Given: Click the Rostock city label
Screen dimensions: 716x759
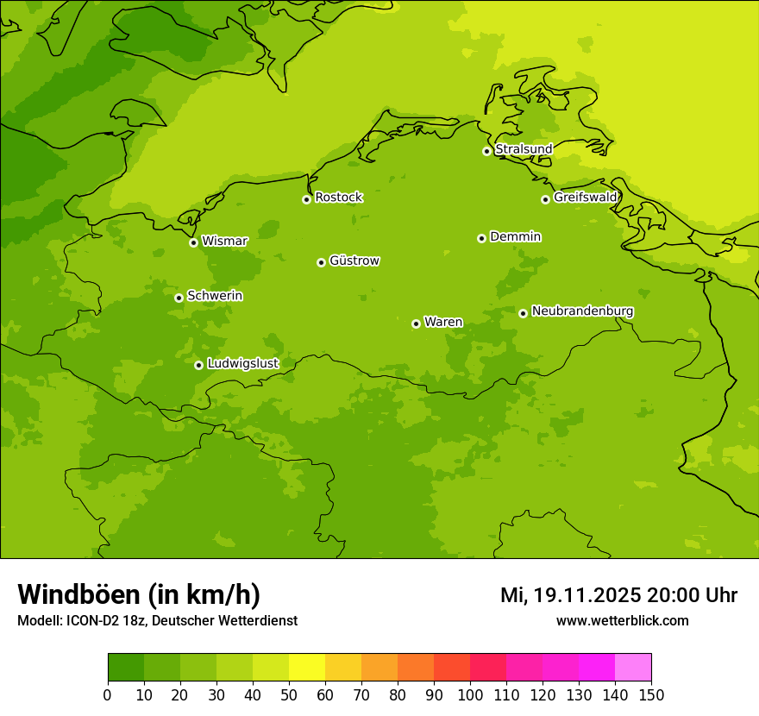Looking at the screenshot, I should (x=338, y=198).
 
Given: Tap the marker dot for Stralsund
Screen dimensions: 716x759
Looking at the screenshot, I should (x=486, y=151).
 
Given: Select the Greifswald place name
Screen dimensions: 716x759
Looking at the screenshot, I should (x=585, y=198).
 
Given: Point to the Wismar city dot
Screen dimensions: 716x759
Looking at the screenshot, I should (x=193, y=242).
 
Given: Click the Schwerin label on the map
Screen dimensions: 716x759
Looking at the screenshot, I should (x=215, y=296).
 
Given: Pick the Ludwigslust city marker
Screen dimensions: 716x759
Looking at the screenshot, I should (x=198, y=365).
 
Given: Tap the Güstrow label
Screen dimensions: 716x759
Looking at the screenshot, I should (x=354, y=261).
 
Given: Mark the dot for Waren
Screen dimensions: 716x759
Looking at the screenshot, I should (x=416, y=323).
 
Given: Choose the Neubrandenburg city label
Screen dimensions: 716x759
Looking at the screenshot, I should (x=582, y=311).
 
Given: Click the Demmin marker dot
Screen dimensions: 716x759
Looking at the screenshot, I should (x=481, y=238).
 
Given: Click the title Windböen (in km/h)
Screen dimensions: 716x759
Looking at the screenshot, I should (x=139, y=594).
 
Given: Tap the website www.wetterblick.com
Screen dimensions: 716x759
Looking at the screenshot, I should (x=622, y=621).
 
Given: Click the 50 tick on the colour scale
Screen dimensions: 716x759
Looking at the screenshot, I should (x=289, y=695).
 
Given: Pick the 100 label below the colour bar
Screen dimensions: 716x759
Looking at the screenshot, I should (x=470, y=695).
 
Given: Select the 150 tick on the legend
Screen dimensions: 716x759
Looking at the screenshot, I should (x=651, y=695).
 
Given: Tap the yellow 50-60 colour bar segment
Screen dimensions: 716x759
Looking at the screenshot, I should (x=307, y=668).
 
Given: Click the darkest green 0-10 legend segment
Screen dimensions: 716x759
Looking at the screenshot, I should (x=126, y=668).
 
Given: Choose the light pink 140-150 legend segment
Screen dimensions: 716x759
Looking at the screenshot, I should (x=633, y=668).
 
